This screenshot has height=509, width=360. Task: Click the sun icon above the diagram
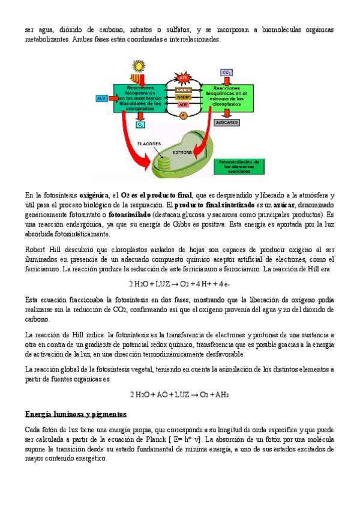[139, 65]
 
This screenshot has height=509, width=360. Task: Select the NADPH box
[183, 88]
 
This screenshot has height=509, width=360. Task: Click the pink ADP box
[184, 104]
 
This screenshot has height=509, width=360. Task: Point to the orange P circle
[184, 114]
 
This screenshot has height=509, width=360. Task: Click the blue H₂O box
[102, 97]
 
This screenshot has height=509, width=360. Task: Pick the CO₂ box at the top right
[226, 73]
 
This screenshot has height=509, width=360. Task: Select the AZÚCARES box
[227, 122]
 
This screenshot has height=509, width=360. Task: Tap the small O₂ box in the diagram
[140, 125]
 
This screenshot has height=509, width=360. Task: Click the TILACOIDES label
[149, 145]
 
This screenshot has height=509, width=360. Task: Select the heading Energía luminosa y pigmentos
[76, 414]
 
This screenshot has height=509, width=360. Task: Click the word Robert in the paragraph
[37, 249]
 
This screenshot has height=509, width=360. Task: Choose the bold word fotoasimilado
[128, 214]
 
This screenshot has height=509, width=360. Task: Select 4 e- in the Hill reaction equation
[223, 284]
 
